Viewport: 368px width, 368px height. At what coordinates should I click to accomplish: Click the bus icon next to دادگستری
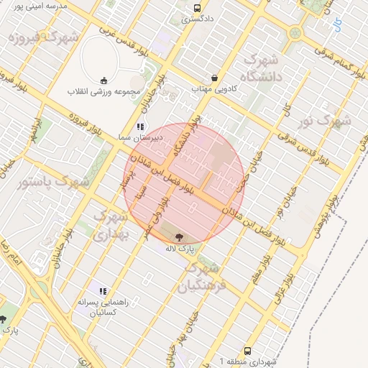(x=197, y=8)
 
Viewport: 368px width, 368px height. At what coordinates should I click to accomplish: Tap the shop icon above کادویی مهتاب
(x=214, y=78)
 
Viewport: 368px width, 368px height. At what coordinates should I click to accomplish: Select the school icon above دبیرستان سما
(x=141, y=126)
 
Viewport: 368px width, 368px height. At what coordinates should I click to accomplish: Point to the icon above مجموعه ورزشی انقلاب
(x=104, y=80)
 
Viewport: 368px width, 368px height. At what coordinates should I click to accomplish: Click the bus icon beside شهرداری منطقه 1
(x=248, y=351)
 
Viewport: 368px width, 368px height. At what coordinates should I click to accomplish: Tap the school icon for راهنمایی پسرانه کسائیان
(x=103, y=291)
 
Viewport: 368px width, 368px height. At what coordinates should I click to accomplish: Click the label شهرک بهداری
(x=111, y=224)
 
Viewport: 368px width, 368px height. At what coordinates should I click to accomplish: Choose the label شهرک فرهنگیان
(x=204, y=277)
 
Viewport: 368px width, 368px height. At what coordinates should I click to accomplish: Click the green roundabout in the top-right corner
(x=295, y=33)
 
